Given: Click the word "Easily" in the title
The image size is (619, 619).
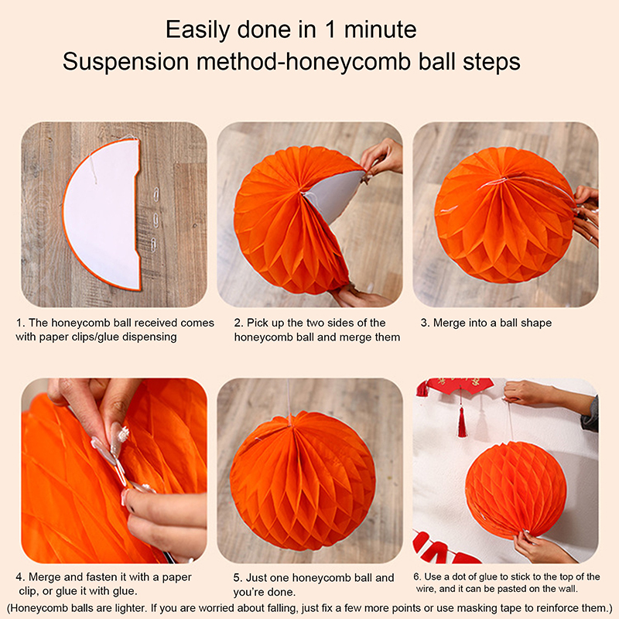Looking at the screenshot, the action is tap(198, 30).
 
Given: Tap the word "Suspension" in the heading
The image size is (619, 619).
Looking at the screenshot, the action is tap(126, 62).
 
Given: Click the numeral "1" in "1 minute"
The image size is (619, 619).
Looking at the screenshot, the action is tap(330, 29).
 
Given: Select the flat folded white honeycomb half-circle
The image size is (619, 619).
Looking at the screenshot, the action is tap(102, 214).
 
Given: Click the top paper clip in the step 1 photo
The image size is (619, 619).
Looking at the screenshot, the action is tap(156, 195).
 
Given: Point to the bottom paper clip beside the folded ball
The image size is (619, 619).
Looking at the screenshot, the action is tap(153, 245).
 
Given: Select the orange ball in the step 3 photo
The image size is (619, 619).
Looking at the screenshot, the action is tap(504, 215).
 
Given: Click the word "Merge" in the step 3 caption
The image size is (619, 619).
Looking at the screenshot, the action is tap(449, 323).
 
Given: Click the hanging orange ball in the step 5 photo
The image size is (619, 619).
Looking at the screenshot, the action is tap(303, 480).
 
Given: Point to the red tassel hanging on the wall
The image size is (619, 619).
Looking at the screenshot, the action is tap(461, 420).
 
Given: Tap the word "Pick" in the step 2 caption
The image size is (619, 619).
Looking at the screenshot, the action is tap(256, 323).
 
